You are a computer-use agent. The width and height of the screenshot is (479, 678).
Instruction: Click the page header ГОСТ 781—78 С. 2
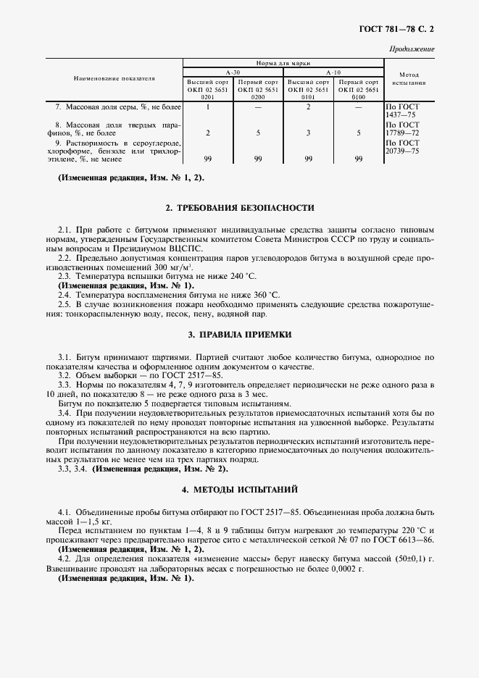401,29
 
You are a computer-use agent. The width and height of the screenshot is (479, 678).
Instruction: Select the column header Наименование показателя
114,78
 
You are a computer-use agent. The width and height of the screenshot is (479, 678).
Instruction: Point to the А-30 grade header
233,72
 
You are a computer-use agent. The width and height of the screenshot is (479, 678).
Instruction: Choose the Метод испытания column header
409,78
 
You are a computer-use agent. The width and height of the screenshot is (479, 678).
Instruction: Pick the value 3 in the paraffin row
309,133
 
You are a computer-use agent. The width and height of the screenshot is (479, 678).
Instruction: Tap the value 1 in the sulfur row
208,106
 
